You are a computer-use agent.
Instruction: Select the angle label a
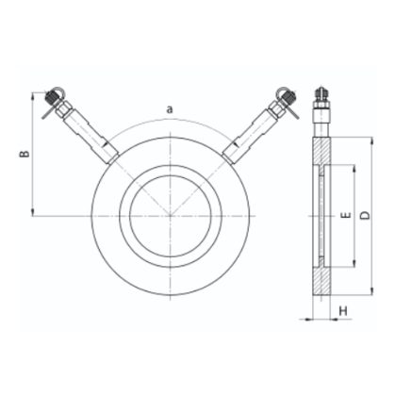click(170, 109)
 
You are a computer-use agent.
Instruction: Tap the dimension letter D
click(365, 216)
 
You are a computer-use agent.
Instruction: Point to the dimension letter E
click(346, 215)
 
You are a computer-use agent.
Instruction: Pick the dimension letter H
click(343, 311)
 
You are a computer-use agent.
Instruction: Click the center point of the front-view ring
click(171, 216)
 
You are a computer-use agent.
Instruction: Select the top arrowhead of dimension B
click(32, 96)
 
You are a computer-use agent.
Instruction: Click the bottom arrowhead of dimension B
click(32, 212)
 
